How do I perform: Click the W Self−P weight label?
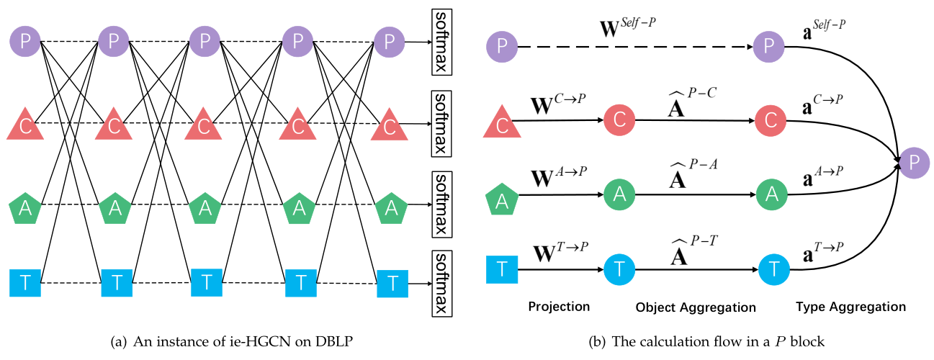[627, 27]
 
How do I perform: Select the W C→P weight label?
[558, 104]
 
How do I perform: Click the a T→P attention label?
[822, 252]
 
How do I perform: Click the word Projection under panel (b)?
[559, 307]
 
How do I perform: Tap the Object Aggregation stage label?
[696, 307]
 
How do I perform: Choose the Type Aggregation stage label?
[850, 307]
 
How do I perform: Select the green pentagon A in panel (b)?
[502, 199]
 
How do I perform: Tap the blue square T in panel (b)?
[502, 269]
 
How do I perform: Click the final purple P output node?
[914, 163]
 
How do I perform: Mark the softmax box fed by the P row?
[441, 42]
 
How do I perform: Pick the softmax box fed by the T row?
[441, 284]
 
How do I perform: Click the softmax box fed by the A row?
[441, 204]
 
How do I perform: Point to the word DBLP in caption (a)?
[334, 342]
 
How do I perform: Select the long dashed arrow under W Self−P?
[635, 47]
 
